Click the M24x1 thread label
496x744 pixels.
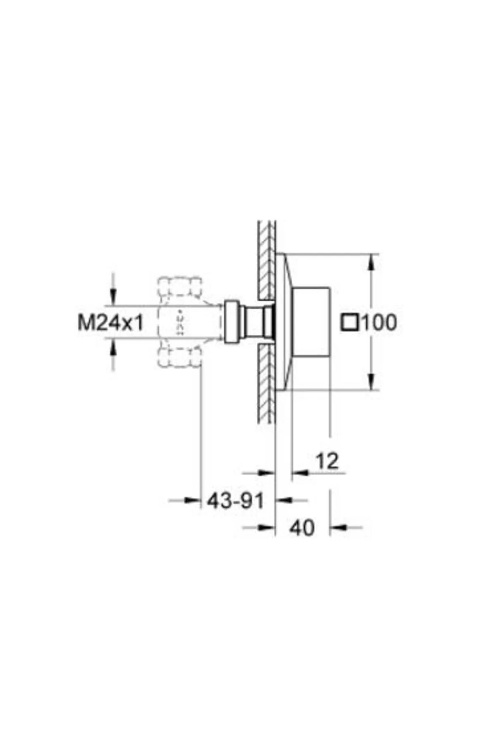point(111,322)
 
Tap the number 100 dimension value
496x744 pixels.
point(379,322)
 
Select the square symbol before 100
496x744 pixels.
point(350,322)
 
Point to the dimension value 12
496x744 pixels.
point(327,461)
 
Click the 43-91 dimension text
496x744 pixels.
point(235,501)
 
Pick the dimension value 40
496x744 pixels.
point(302,528)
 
